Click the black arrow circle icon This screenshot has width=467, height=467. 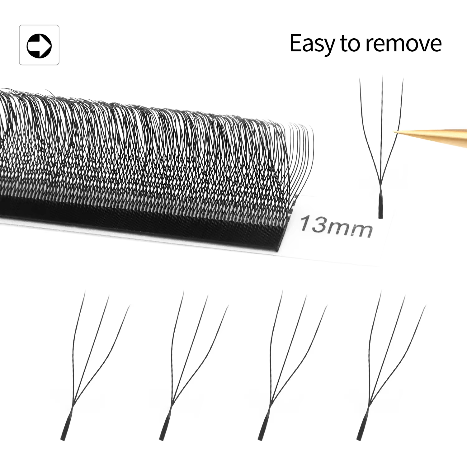pos(39,45)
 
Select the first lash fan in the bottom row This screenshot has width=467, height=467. pos(95,365)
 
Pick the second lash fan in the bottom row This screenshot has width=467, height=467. pos(194,365)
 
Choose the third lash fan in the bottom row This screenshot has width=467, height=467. pos(292,365)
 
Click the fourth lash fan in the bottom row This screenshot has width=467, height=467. pos(391,365)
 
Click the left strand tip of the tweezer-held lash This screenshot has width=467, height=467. pos(360,78)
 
